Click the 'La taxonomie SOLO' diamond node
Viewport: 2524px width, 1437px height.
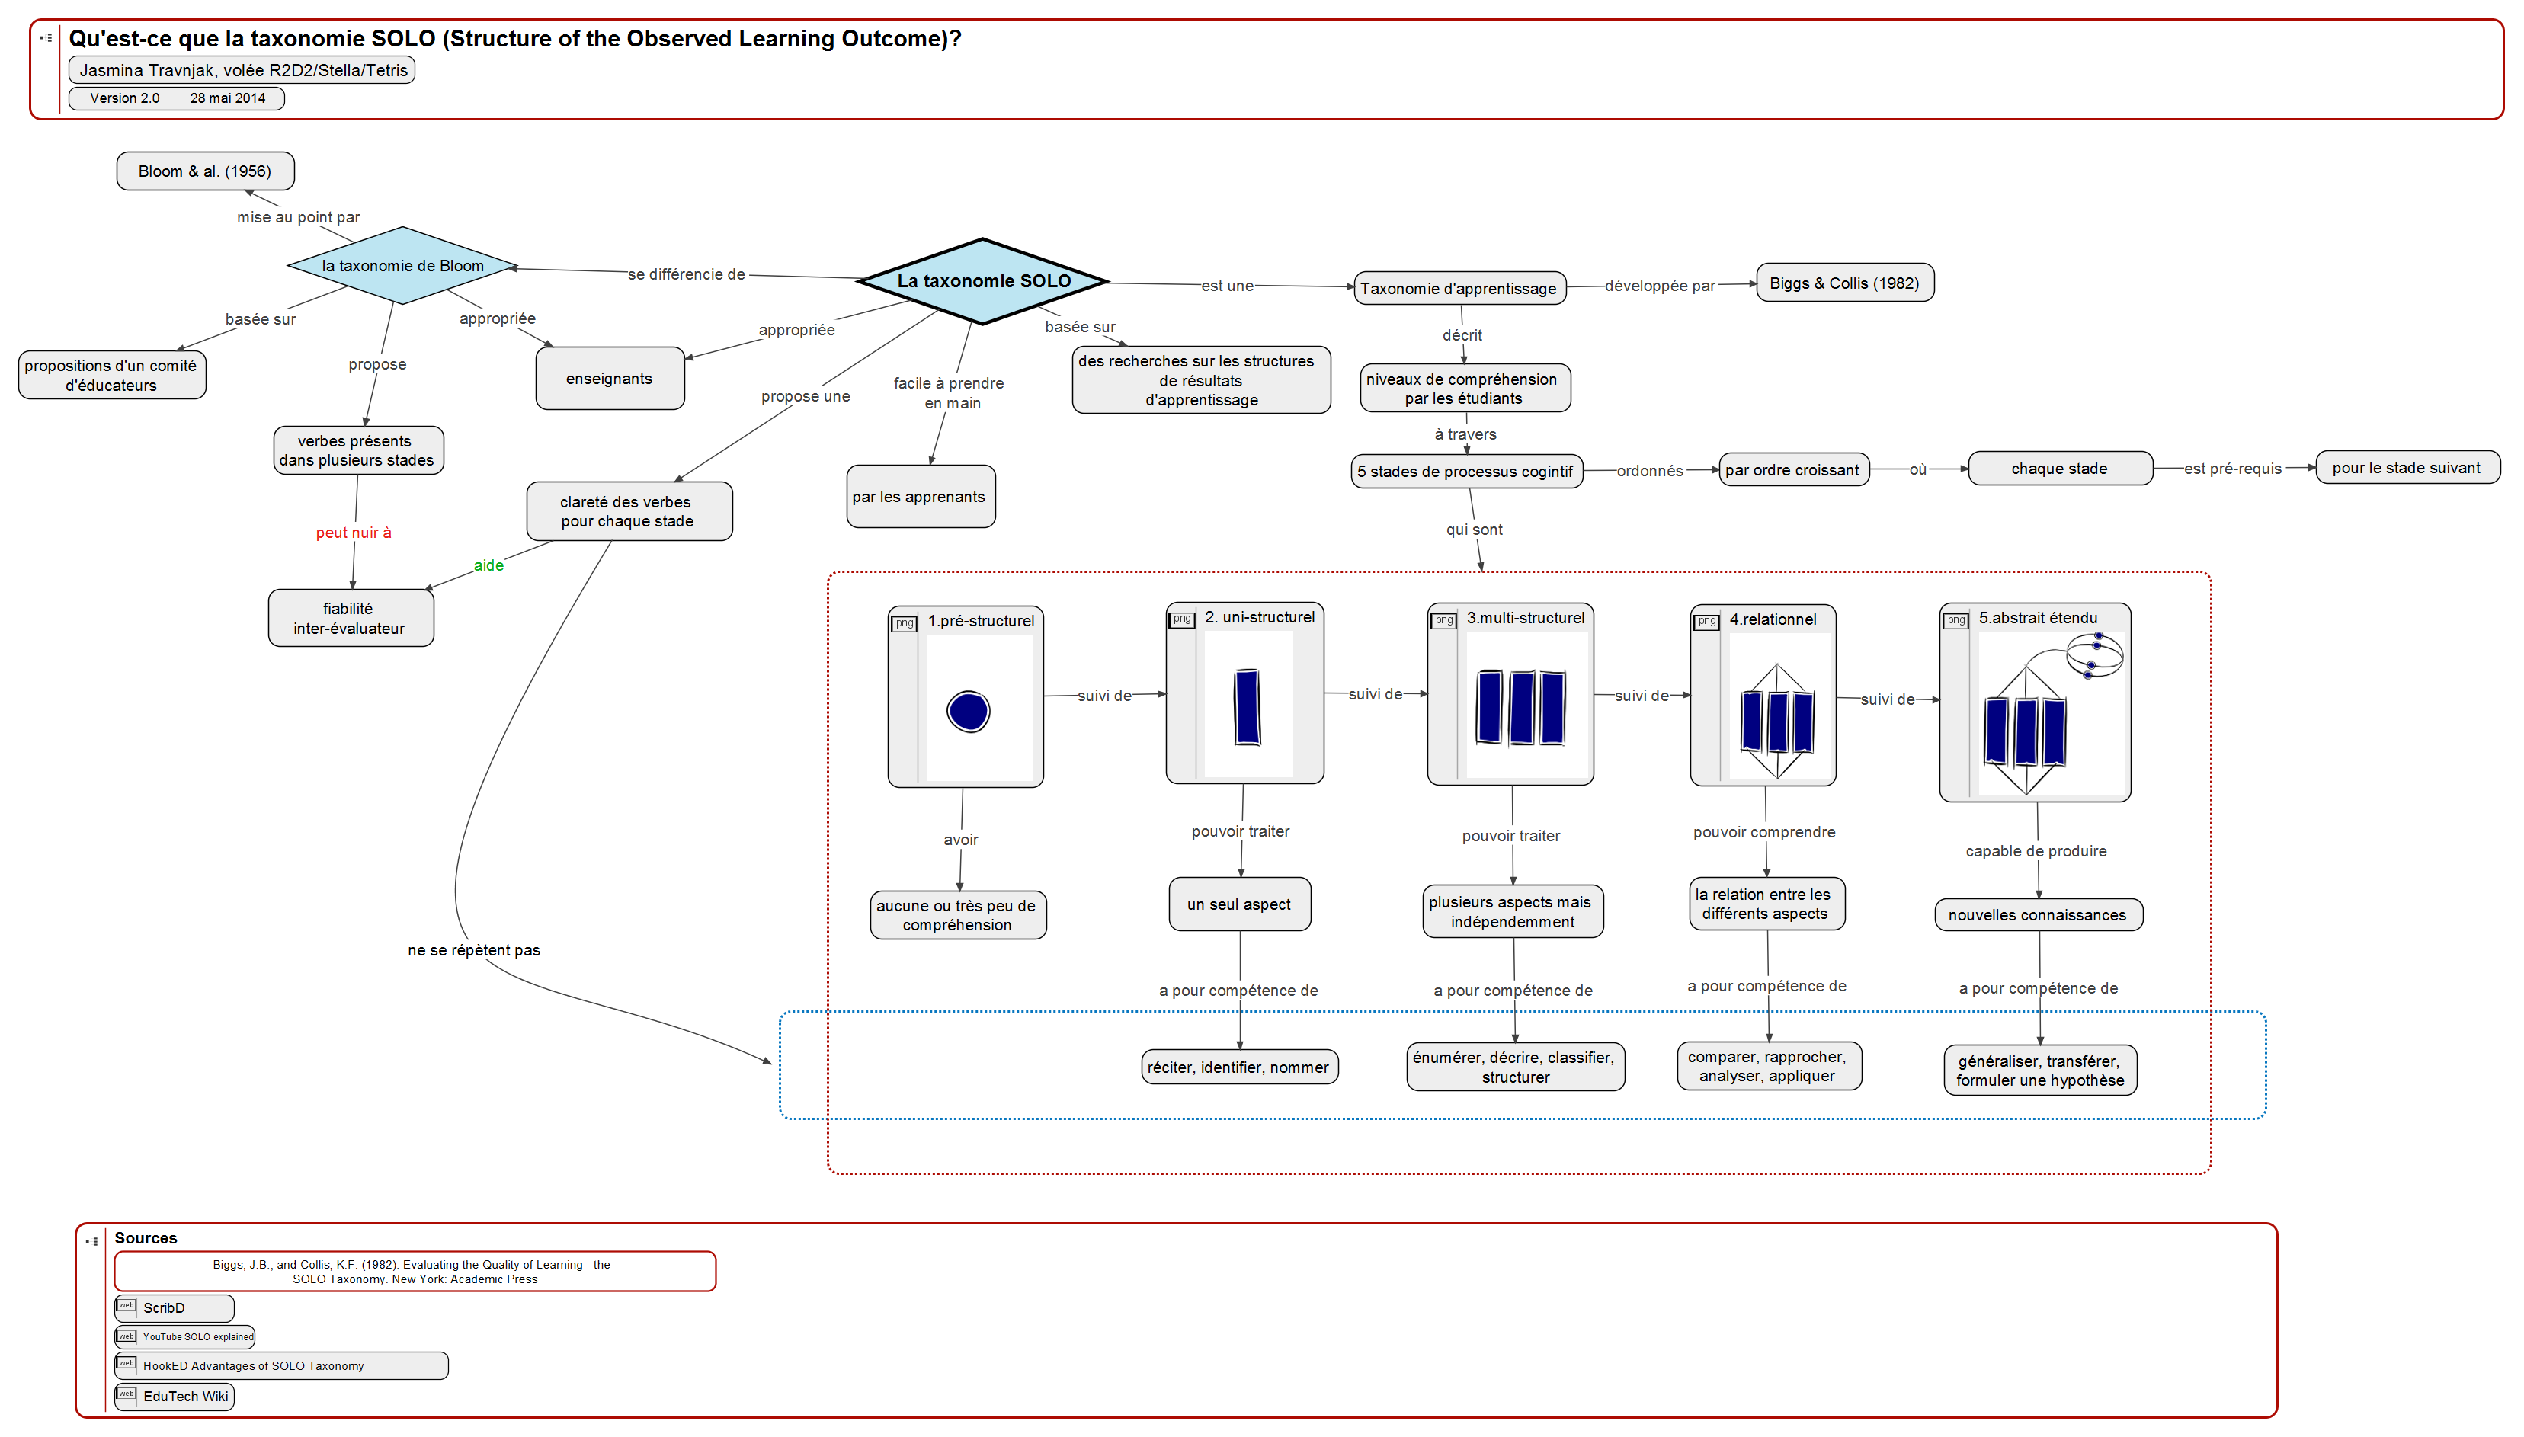coord(983,281)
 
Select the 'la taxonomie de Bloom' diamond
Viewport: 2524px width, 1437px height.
coord(402,265)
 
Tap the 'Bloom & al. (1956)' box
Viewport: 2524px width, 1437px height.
coord(205,171)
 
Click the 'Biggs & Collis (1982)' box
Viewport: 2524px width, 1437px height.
coord(1844,283)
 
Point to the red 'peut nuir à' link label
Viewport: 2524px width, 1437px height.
coord(354,533)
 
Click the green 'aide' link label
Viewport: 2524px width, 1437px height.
coord(488,565)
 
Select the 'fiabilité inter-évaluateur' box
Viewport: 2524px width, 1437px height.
coord(351,619)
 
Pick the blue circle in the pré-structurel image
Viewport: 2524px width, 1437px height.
coord(969,711)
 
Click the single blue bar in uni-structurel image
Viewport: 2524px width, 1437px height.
coord(1247,706)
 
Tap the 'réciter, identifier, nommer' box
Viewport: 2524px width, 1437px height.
coord(1239,1067)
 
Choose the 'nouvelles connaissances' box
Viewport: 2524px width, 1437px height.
coord(2037,915)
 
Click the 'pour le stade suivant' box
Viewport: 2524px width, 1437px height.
coord(2407,468)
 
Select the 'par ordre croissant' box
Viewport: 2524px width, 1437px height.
coord(1792,470)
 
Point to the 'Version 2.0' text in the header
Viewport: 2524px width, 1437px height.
coord(124,98)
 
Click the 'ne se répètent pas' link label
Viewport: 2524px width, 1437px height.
coord(474,950)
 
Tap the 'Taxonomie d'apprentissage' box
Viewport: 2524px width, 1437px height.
coord(1459,288)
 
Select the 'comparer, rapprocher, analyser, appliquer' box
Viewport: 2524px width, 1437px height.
coord(1768,1067)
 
